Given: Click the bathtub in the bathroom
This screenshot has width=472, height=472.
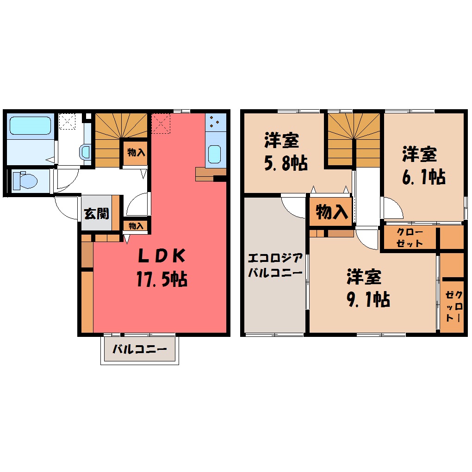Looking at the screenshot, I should pos(30,125).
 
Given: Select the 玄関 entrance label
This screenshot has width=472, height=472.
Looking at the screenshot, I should pos(96,213).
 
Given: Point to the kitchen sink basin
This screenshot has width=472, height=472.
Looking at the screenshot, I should pos(214,154).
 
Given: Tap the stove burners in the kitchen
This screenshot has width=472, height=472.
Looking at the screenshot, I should pos(215,122).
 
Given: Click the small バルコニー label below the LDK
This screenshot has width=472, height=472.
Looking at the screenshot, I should pos(139,350).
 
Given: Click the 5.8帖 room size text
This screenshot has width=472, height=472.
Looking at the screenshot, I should pos(286,163).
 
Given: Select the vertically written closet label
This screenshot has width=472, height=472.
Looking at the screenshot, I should pos(452,306).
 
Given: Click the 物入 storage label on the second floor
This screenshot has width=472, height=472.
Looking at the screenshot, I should pos(332,212).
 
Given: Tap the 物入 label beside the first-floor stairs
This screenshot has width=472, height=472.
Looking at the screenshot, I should pos(136,152).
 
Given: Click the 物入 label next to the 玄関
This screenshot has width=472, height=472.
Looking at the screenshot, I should pos(136,226).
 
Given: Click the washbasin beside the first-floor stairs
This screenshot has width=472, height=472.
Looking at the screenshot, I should pos(85,151).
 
